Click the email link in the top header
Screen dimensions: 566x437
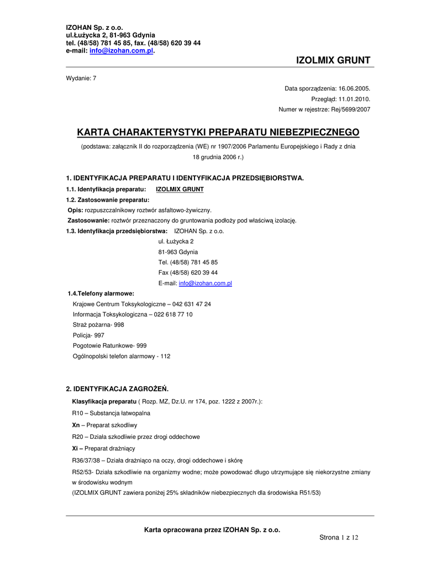coord(121,51)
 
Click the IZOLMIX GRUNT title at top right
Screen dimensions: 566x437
coord(333,60)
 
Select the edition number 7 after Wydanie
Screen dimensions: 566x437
coord(94,78)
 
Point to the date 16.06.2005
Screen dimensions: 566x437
coord(354,88)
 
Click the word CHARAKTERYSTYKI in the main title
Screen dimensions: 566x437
coord(157,132)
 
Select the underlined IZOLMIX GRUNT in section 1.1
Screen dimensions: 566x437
coord(180,189)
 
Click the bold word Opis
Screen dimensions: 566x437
coord(75,210)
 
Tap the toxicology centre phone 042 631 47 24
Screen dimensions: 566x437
coord(192,304)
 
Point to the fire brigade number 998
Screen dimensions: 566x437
coord(119,325)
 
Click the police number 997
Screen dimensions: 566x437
coord(99,336)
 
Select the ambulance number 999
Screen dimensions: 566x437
coord(141,345)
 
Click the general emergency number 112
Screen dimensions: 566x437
coord(165,357)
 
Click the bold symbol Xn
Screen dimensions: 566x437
coord(76,425)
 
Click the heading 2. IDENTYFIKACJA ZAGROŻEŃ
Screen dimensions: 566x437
coord(117,389)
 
